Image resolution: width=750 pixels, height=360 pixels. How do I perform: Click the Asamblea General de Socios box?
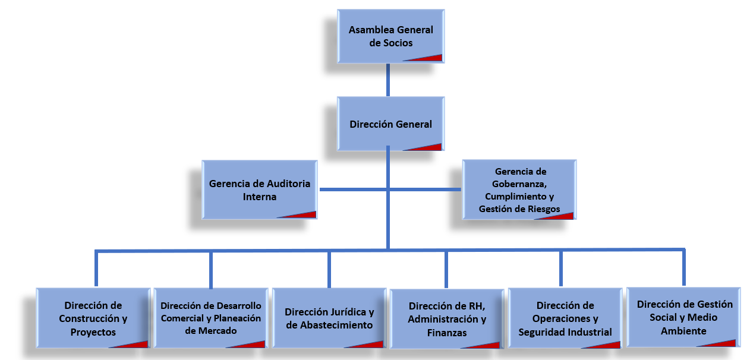coord(390,36)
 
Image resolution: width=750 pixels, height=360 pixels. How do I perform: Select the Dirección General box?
coord(390,124)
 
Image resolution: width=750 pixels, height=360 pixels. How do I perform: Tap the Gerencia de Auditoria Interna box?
coord(259,190)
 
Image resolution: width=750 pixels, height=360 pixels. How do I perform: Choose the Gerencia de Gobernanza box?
coord(519,190)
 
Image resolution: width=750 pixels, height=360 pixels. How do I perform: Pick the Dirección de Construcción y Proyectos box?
coord(93,318)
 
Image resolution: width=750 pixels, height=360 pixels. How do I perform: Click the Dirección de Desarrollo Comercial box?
coord(210,318)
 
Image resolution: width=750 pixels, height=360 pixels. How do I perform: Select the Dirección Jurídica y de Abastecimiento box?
coord(329,318)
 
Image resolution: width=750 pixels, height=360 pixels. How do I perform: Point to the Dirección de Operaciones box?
coord(565,318)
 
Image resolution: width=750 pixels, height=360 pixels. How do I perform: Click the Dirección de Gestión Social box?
coord(683,317)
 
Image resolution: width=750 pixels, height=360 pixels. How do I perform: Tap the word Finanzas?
coord(447,333)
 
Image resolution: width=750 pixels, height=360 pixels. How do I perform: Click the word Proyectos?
coord(93,332)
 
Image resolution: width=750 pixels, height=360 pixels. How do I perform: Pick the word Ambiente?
coord(683,331)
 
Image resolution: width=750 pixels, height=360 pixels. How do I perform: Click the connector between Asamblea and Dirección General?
coord(388,79)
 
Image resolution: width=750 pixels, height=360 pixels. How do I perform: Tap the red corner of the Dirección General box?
coord(431,147)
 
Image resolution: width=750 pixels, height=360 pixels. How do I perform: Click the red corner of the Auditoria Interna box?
coord(304,214)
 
